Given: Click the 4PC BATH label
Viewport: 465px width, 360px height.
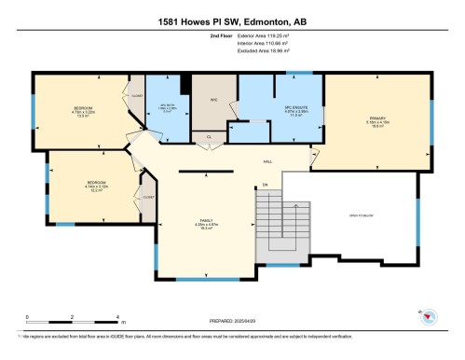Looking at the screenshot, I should (169, 108).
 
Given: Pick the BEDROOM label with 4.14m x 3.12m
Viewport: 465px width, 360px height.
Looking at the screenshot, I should (98, 183).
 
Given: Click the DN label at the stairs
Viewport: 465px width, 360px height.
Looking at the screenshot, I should (266, 185).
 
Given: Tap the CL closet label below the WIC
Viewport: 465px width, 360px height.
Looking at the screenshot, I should (210, 136).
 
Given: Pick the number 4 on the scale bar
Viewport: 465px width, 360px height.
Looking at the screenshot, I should (116, 317).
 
